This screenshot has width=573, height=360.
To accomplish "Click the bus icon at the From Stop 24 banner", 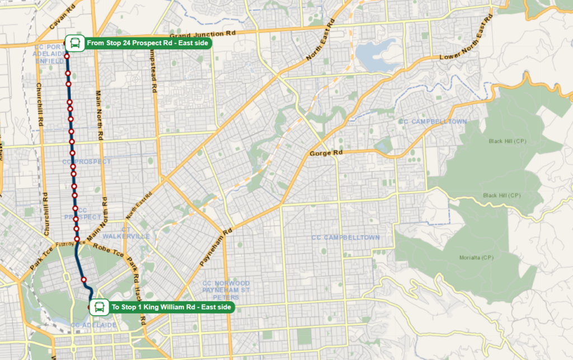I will [74, 43].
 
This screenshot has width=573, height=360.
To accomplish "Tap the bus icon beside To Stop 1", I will [99, 307].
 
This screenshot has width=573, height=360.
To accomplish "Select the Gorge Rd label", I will [326, 153].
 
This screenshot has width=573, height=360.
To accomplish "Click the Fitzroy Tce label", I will [68, 243].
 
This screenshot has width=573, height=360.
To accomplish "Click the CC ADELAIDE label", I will [93, 325].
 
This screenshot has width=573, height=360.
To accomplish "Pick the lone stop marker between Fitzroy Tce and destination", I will [83, 279].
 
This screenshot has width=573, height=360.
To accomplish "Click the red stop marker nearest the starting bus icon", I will [67, 56].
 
